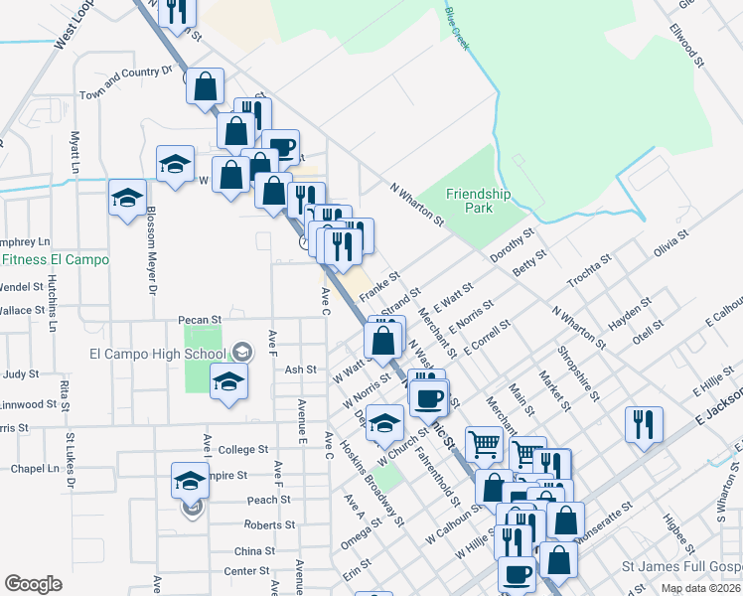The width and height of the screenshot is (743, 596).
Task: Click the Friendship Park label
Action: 478,202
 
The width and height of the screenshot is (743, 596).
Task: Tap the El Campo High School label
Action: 157,354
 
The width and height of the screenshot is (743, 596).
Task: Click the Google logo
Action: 33,584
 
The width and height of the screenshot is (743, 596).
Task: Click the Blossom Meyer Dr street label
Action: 152,250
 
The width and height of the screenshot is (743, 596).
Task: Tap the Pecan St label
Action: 199,320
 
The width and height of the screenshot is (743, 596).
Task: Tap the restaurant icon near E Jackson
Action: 644,425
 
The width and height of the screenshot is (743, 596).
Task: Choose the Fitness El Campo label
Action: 55,260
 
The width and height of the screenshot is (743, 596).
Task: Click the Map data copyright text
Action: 699,588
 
